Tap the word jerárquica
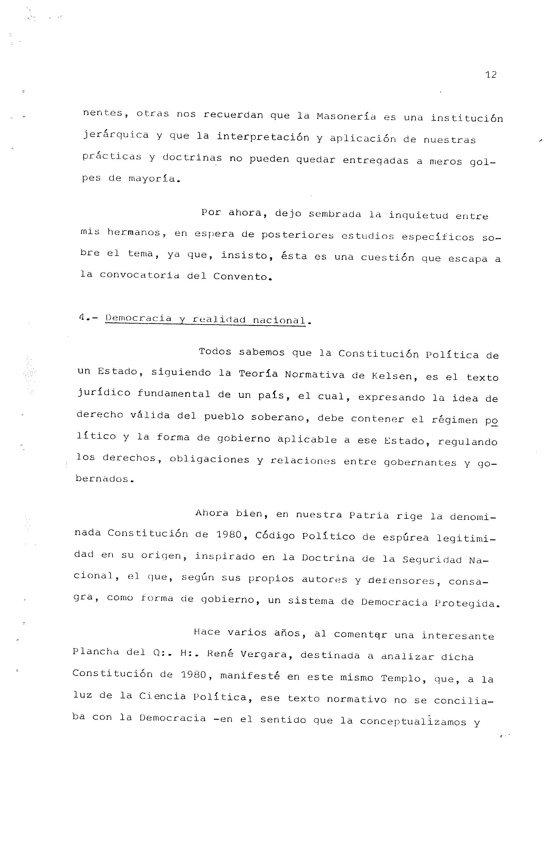tap(116, 135)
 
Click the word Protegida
tap(467, 603)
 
